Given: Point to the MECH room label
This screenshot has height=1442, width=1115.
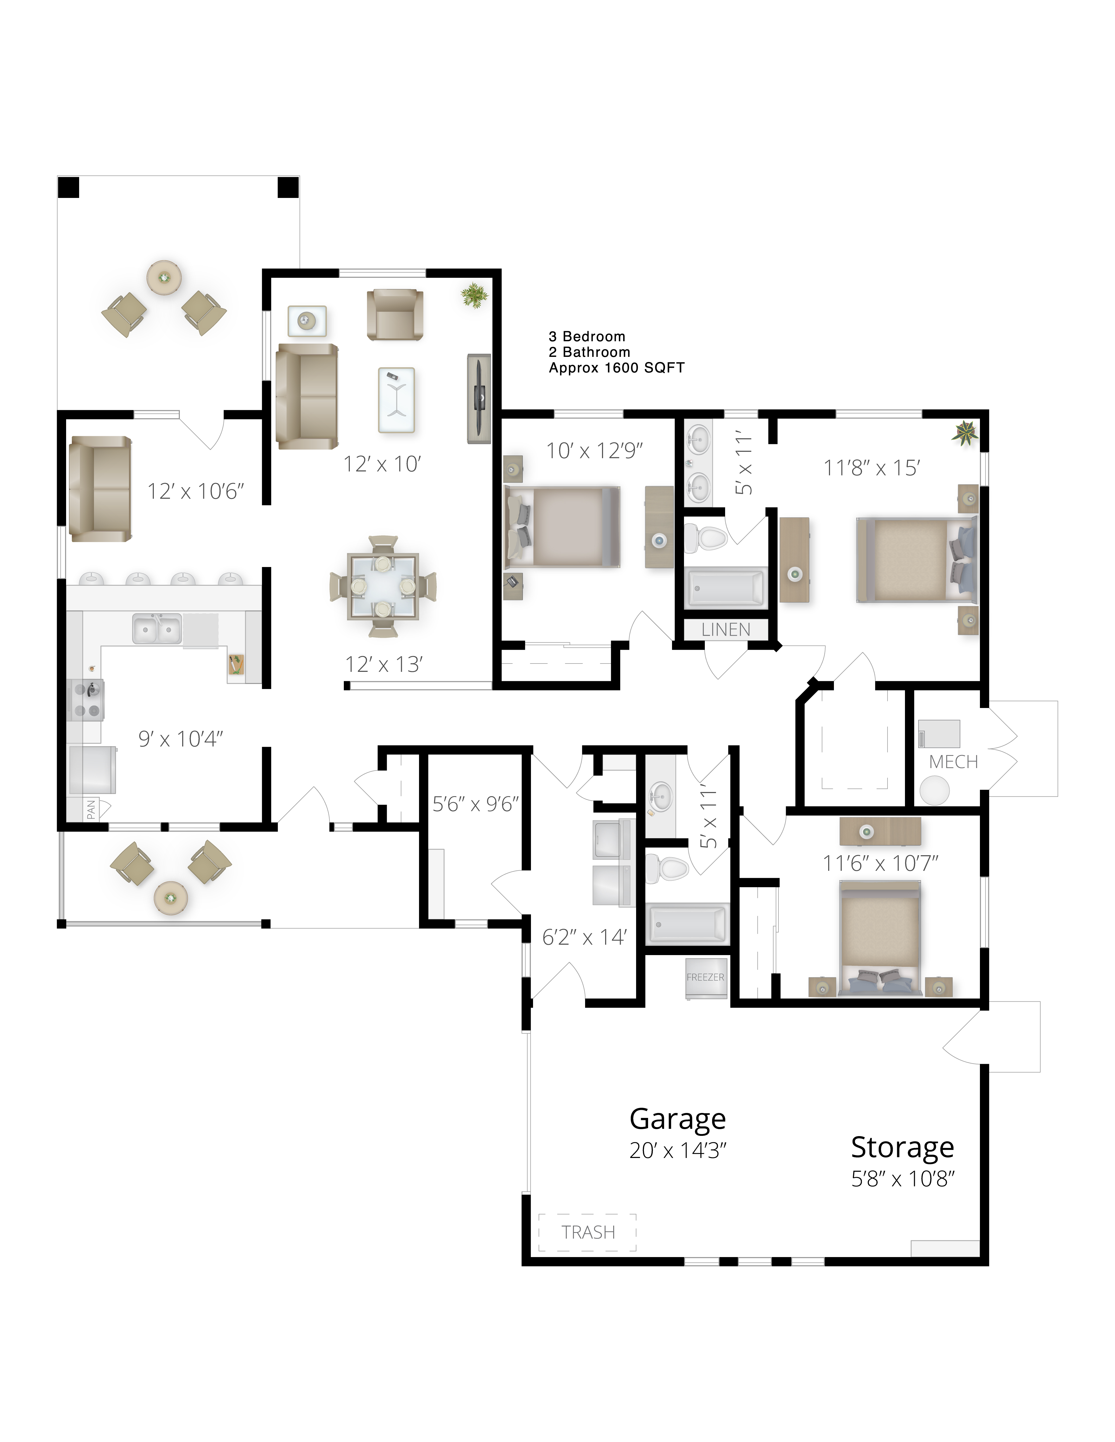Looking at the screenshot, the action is [953, 762].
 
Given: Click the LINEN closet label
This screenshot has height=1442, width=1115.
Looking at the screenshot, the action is [726, 630].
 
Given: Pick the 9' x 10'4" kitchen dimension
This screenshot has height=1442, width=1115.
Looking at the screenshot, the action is [180, 739].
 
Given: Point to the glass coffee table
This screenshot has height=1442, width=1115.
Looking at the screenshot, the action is [396, 400].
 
